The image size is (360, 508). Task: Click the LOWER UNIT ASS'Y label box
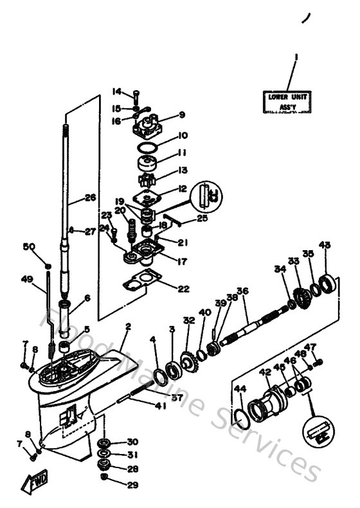pyautogui.click(x=289, y=102)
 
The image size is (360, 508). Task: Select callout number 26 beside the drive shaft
pyautogui.click(x=90, y=198)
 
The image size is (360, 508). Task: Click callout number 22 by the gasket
pyautogui.click(x=183, y=289)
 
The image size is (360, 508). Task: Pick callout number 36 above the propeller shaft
pyautogui.click(x=242, y=290)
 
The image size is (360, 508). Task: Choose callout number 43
pyautogui.click(x=325, y=245)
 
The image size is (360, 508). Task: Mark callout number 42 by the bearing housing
pyautogui.click(x=265, y=372)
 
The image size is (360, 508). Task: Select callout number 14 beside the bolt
pyautogui.click(x=117, y=90)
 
